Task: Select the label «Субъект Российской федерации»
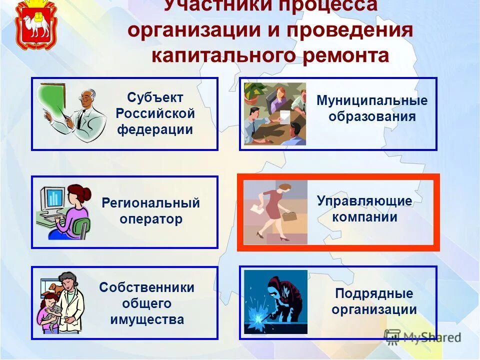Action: click(155, 113)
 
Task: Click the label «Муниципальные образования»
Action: click(372, 108)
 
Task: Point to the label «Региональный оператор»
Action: click(150, 211)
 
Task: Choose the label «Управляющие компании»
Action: click(364, 209)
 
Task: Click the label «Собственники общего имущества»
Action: click(147, 303)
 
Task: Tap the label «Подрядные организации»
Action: click(374, 301)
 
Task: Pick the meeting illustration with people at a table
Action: click(274, 113)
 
